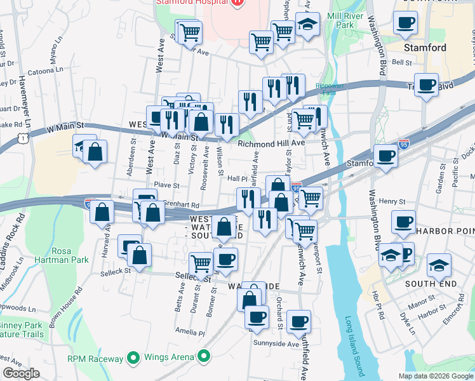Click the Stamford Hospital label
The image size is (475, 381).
(x=191, y=3)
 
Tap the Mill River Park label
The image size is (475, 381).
(x=340, y=20)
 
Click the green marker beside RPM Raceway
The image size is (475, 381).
(x=133, y=358)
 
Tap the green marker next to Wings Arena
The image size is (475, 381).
(x=204, y=358)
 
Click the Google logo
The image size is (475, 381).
(x=21, y=373)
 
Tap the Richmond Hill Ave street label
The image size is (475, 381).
(x=272, y=144)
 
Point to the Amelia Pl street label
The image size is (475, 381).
(x=191, y=332)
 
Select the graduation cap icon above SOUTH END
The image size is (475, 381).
(x=438, y=265)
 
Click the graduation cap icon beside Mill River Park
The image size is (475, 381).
(x=308, y=25)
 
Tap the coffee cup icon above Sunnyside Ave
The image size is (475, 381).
(x=298, y=321)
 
